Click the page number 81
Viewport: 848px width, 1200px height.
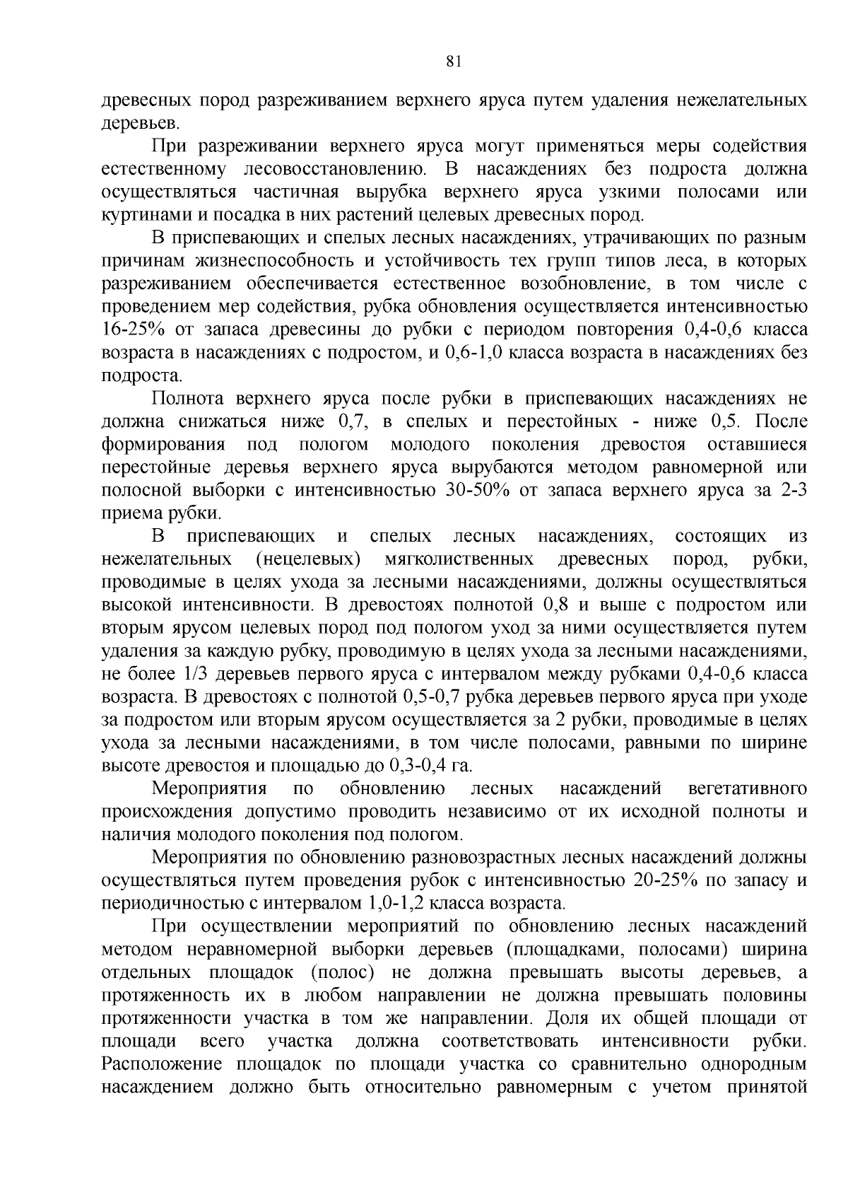tap(454, 62)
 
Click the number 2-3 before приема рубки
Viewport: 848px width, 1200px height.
tap(794, 491)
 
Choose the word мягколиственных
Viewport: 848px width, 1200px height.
tap(459, 559)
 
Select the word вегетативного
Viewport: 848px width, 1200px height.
tap(747, 789)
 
